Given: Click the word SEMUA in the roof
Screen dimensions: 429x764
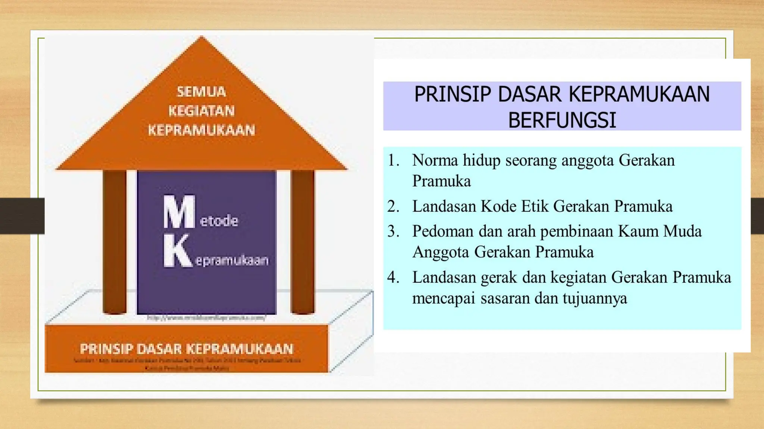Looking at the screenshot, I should coord(201,92).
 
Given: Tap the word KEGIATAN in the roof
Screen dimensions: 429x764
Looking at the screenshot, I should coord(201,111).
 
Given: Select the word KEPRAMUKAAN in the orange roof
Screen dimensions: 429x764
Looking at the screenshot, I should coord(201,130).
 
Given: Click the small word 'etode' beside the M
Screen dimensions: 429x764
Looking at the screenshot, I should coord(219,221).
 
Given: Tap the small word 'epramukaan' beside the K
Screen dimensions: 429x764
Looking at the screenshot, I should coord(232,260).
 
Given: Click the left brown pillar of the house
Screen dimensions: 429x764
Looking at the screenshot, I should coord(115,242).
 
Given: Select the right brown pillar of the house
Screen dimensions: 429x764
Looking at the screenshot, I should coord(303,242).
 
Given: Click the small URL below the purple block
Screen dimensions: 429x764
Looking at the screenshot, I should coord(206,318).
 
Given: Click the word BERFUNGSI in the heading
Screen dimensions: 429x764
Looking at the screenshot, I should coord(562,120).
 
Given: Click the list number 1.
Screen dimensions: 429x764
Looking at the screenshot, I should coord(393,161).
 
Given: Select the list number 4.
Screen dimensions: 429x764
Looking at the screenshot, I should coord(393,277).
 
